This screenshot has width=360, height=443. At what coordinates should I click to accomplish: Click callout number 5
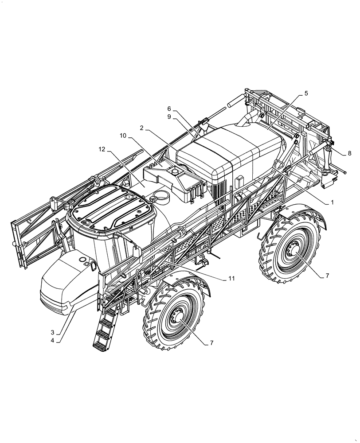tap(306, 94)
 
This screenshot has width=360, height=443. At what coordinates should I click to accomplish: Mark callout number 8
tap(349, 153)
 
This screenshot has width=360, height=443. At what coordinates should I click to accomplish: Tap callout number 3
tap(52, 332)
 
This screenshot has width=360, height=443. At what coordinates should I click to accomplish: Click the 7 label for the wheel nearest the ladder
tap(211, 343)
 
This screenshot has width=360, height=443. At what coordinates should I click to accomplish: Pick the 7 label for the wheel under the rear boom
tap(327, 276)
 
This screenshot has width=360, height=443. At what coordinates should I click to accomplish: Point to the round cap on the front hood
tap(83, 259)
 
